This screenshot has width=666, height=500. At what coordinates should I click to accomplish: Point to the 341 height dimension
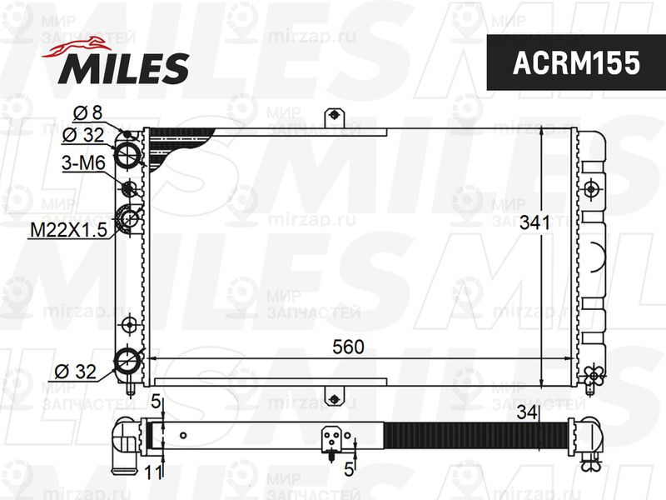point(534,223)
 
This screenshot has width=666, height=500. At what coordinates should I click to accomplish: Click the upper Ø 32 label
point(82,135)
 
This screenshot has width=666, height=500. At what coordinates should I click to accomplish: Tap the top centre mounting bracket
point(333,116)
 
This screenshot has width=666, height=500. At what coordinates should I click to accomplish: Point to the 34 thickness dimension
point(525,411)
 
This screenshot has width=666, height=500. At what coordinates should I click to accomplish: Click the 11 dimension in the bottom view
point(152,472)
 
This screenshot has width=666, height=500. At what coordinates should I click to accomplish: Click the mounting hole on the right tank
point(592,187)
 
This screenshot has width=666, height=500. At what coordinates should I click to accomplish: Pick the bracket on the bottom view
point(333,440)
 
